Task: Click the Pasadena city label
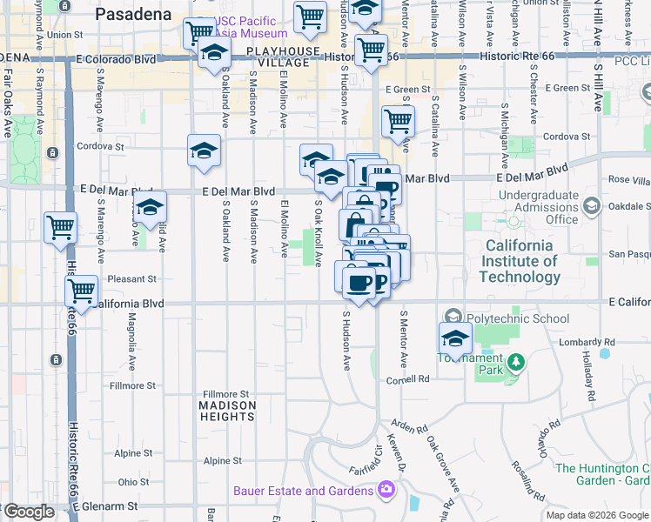[133, 14]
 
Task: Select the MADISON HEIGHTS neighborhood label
[227, 411]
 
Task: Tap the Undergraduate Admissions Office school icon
[591, 206]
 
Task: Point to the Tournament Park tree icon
[516, 360]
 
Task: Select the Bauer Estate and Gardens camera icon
[386, 491]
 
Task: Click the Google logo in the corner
[28, 512]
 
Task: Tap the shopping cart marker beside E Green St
[398, 121]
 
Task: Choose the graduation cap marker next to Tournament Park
[455, 338]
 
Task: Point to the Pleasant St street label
[132, 279]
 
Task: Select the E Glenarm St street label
[106, 505]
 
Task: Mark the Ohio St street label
[133, 481]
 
